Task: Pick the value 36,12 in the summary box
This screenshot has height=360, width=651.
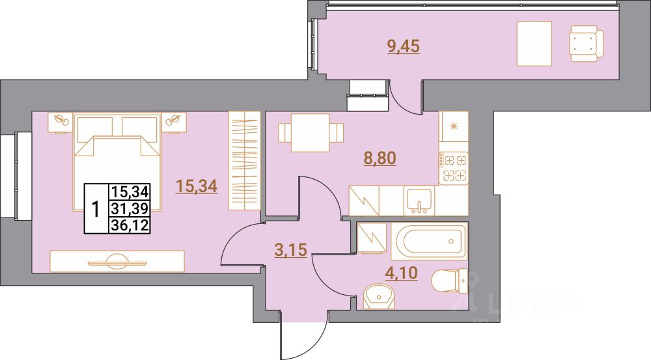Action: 130,224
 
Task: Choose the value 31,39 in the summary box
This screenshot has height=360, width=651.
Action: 130,208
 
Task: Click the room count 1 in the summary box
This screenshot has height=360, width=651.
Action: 96,209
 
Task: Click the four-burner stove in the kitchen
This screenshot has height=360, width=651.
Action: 454,166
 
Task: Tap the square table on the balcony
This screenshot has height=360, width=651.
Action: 534,44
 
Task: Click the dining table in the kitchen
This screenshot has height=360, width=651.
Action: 309,133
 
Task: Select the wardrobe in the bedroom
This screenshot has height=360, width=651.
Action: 244,161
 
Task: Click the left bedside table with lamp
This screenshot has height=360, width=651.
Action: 62,122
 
